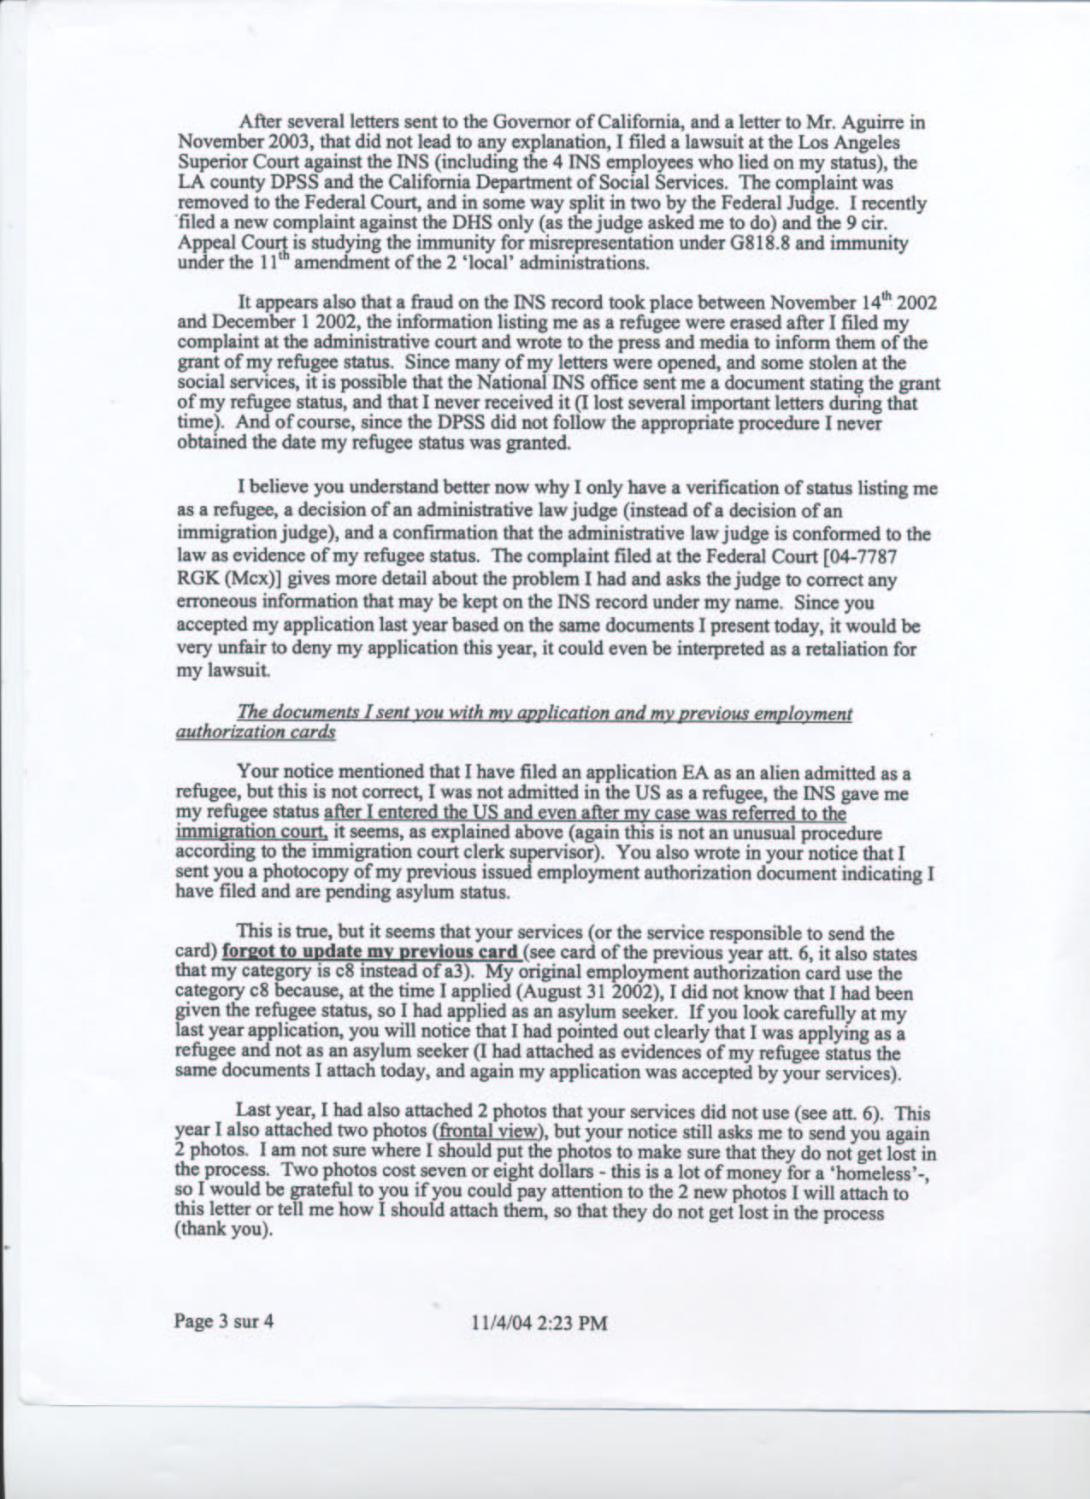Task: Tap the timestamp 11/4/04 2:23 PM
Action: tap(539, 1324)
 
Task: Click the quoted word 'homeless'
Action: tap(889, 1175)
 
